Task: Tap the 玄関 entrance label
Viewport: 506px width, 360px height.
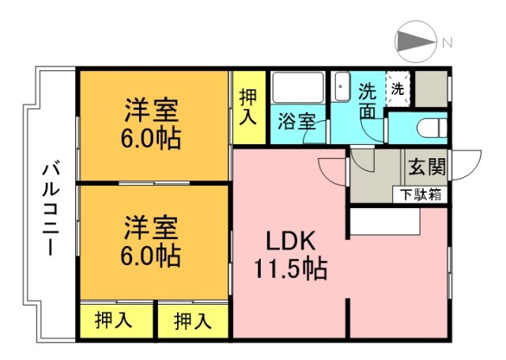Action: pyautogui.click(x=427, y=167)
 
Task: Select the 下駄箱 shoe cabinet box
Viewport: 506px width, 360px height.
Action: pyautogui.click(x=420, y=195)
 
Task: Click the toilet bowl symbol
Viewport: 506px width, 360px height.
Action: pyautogui.click(x=432, y=128)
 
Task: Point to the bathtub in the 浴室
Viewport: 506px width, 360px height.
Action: pyautogui.click(x=298, y=87)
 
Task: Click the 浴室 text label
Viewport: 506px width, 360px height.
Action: pyautogui.click(x=296, y=121)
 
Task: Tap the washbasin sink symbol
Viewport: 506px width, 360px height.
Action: pyautogui.click(x=342, y=86)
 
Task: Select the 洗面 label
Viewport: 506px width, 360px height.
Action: pyautogui.click(x=368, y=100)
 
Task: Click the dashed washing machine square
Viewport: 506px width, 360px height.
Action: pyautogui.click(x=398, y=89)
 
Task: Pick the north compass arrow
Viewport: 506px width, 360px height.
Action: pyautogui.click(x=417, y=42)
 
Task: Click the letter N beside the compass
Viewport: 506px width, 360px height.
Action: pyautogui.click(x=447, y=42)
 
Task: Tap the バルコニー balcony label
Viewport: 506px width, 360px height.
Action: pyautogui.click(x=51, y=209)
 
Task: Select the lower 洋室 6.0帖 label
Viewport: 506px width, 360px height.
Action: pyautogui.click(x=151, y=242)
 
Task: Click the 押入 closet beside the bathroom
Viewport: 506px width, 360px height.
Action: pyautogui.click(x=249, y=108)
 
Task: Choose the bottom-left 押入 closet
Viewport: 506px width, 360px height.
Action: pyautogui.click(x=116, y=321)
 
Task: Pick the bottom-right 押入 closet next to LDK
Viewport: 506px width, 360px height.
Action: pyautogui.click(x=193, y=321)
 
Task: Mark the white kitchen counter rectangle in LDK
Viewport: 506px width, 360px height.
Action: pyautogui.click(x=385, y=222)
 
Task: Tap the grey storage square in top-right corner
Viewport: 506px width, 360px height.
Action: pyautogui.click(x=431, y=89)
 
